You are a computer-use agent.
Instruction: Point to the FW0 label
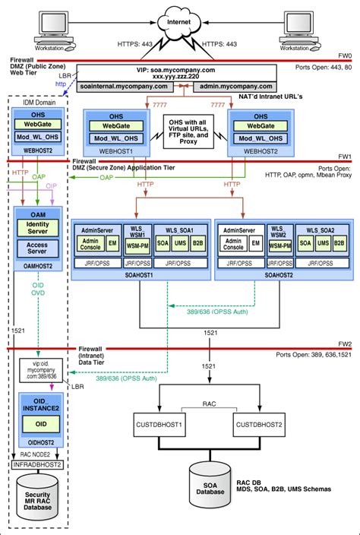click(346, 55)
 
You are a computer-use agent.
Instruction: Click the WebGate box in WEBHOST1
click(116, 125)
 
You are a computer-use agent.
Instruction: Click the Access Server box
click(37, 250)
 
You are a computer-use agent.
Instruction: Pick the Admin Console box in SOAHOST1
click(93, 243)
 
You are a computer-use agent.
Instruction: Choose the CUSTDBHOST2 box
click(261, 423)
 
